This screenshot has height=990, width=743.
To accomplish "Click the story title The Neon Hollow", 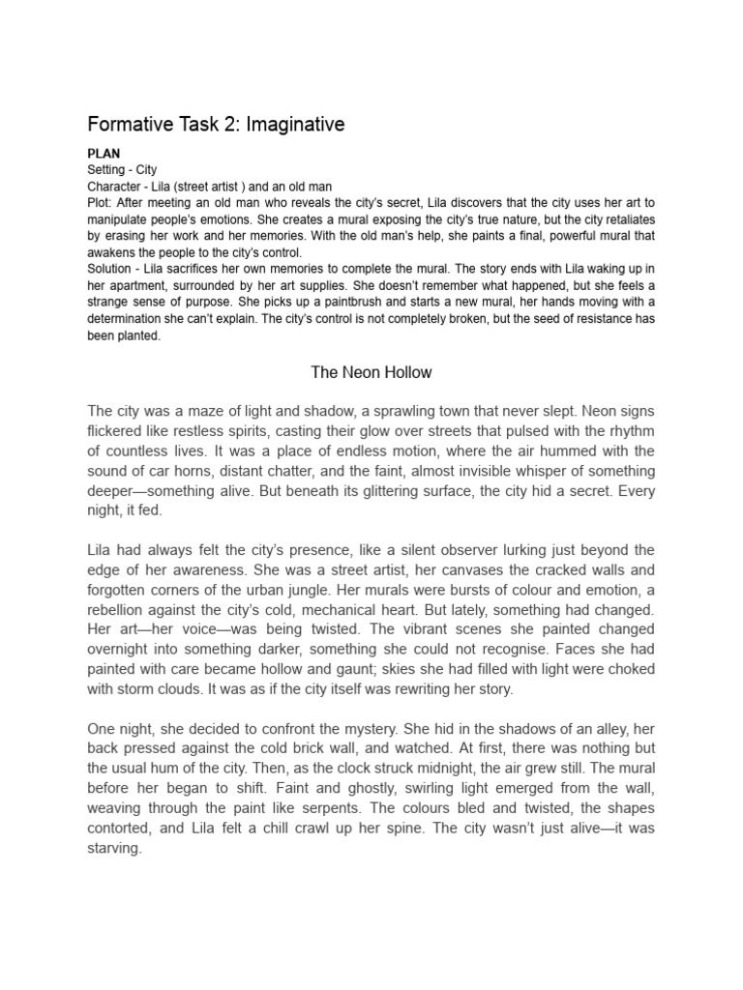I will [x=371, y=372].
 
